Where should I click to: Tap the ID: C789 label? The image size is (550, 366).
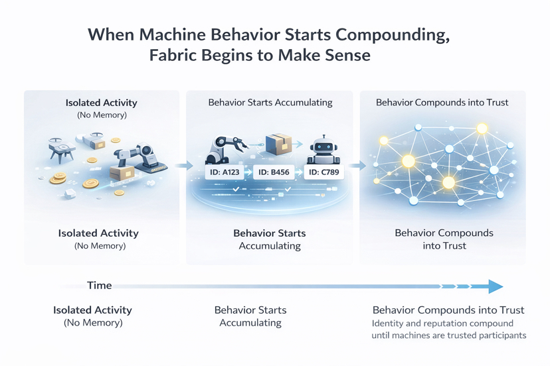coord(323,172)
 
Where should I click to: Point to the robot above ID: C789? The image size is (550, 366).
coord(323,149)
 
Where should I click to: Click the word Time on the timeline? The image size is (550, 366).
coord(100,285)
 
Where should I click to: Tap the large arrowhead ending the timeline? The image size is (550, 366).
coord(495,286)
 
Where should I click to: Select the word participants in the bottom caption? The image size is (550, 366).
coord(500,335)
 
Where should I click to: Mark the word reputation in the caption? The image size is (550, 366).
coord(446,324)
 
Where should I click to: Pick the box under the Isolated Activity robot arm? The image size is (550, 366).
coord(122,174)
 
